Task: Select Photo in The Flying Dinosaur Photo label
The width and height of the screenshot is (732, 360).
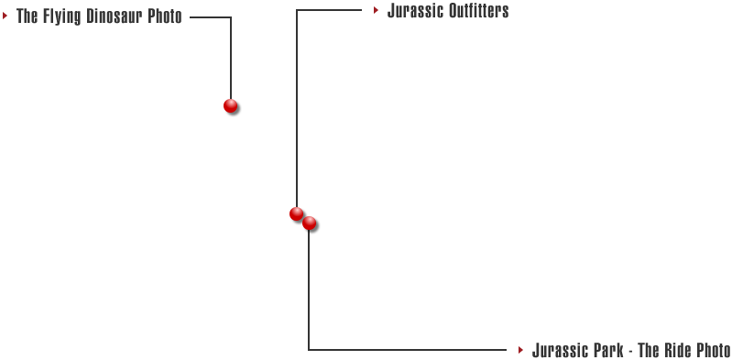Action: point(165,16)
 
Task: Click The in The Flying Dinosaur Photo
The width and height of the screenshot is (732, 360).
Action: point(27,16)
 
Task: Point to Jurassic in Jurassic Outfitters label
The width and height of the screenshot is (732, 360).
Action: point(415,11)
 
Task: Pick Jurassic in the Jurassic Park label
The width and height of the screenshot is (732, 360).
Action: point(559,350)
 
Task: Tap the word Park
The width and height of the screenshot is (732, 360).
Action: point(607,350)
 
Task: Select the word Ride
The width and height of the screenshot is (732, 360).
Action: point(676,350)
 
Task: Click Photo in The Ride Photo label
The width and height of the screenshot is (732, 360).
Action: point(714,350)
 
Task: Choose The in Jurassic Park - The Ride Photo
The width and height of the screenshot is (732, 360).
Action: point(648,350)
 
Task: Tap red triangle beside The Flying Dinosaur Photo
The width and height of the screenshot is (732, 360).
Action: point(5,16)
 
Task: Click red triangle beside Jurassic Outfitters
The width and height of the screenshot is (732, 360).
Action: point(376,10)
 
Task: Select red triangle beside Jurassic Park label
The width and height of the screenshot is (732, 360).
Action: point(520,349)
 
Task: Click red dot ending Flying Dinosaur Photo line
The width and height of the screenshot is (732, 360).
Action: point(230,105)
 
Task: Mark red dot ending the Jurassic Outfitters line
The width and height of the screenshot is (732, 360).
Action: point(296,213)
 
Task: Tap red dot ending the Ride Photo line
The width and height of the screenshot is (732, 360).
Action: point(310,223)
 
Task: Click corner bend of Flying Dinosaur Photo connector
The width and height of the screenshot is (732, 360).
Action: point(231,17)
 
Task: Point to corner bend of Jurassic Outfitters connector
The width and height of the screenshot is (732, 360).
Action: point(296,11)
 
